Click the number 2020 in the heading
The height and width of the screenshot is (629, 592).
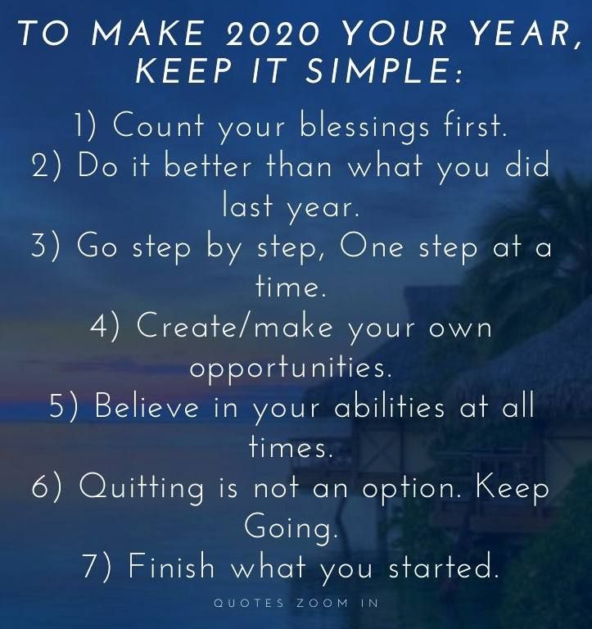click(x=273, y=32)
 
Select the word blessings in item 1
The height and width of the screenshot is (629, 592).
click(x=364, y=126)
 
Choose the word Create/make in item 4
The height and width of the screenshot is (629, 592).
click(x=235, y=325)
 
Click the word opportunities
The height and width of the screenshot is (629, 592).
click(x=290, y=368)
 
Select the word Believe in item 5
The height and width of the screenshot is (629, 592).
click(x=147, y=405)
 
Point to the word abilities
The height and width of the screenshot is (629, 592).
click(x=390, y=405)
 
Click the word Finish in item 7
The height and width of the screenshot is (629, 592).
click(x=171, y=566)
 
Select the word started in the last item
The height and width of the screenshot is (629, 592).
click(x=443, y=566)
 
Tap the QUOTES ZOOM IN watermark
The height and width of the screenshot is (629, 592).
click(x=296, y=603)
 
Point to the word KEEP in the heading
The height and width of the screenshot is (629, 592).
click(x=183, y=70)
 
